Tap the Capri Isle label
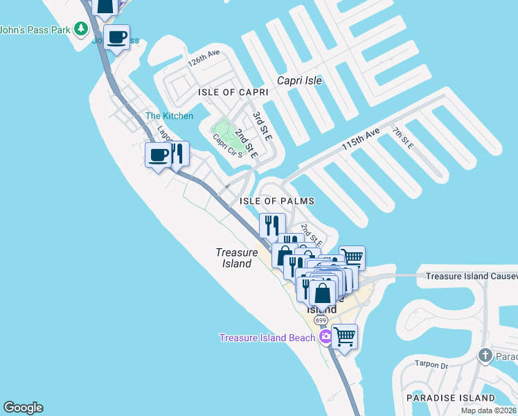pos(299,80)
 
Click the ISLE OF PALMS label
pos(277,201)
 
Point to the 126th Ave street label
pos(204,58)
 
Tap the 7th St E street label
pos(402,138)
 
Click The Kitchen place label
pos(169,116)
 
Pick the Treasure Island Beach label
pos(267,338)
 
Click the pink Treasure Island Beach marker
pos(325,338)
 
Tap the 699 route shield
pos(320,321)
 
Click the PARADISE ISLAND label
pos(450,398)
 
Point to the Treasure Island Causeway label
pos(471,276)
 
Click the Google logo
pos(23,408)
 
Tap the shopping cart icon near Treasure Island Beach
pos(344,337)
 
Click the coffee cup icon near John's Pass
pos(116,36)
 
